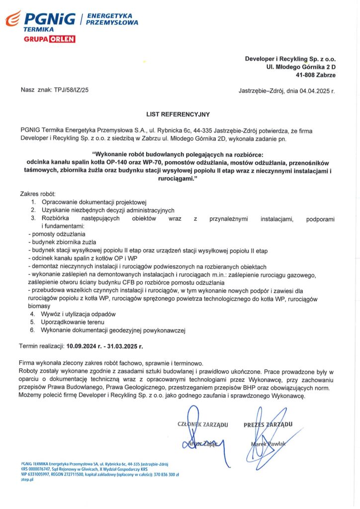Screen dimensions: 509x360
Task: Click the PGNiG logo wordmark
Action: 50,19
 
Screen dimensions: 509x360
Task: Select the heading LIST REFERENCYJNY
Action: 178,114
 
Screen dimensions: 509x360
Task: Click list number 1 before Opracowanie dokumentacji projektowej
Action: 33,202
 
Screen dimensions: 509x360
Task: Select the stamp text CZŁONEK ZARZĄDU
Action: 202,424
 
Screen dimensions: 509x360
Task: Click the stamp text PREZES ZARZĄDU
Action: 268,424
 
